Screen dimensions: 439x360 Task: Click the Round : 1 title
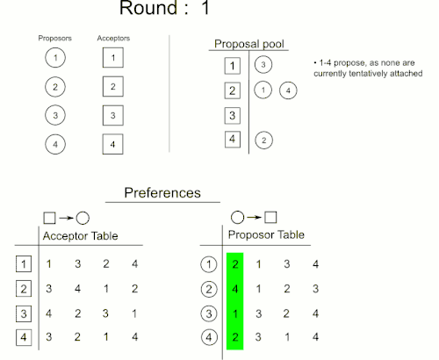(165, 7)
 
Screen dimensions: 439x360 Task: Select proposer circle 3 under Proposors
(55, 115)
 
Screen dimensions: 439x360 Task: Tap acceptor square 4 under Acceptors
(112, 144)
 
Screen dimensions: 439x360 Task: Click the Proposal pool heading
(249, 44)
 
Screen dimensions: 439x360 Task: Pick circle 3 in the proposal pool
(263, 65)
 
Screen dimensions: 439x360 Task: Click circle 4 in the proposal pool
(288, 90)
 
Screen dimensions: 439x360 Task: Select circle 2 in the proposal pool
(263, 140)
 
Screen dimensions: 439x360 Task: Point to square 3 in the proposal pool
(233, 116)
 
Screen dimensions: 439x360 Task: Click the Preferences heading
(162, 193)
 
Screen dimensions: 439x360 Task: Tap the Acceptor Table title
(81, 236)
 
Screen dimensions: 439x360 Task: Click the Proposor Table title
(266, 234)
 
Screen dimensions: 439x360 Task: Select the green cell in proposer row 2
(235, 289)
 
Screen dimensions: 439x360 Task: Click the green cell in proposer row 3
(235, 313)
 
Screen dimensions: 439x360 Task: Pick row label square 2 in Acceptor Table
(24, 289)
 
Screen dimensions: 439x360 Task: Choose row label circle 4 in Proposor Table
(209, 337)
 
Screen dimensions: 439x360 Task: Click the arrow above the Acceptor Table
(66, 218)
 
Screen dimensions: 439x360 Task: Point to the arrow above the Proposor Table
(254, 217)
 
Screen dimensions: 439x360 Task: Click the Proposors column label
(55, 39)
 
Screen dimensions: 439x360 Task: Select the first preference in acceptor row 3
(48, 313)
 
